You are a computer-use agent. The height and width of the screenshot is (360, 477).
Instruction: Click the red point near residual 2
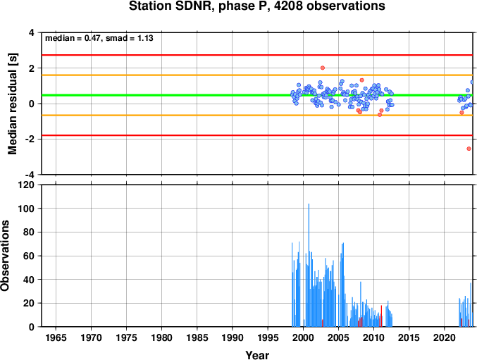tap(323, 68)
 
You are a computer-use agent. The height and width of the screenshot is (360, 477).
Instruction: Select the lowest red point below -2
tap(469, 149)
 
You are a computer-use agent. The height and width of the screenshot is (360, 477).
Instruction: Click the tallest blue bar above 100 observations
tap(309, 265)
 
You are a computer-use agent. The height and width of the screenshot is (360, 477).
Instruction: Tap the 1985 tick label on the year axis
tap(197, 337)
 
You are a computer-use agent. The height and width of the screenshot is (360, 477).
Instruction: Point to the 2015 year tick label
tap(409, 337)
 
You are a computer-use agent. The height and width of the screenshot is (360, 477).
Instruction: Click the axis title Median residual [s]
tap(12, 104)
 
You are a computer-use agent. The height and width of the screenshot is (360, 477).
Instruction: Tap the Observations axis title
tap(5, 256)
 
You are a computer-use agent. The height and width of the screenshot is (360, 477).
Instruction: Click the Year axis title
tap(257, 355)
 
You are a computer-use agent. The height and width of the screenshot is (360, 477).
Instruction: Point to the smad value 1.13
tap(145, 38)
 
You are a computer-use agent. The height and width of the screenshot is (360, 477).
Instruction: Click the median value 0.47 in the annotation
tap(92, 38)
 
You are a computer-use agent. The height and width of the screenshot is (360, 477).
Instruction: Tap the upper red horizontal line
tap(257, 55)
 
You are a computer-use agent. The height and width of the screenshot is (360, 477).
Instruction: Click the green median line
tap(257, 95)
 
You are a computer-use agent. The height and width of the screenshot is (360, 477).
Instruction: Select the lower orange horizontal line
tap(257, 116)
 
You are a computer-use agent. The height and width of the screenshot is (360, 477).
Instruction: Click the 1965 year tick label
tap(56, 337)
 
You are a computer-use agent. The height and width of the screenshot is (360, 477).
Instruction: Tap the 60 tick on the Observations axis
tap(30, 256)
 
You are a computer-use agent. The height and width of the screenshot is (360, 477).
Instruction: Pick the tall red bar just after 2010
tap(381, 316)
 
